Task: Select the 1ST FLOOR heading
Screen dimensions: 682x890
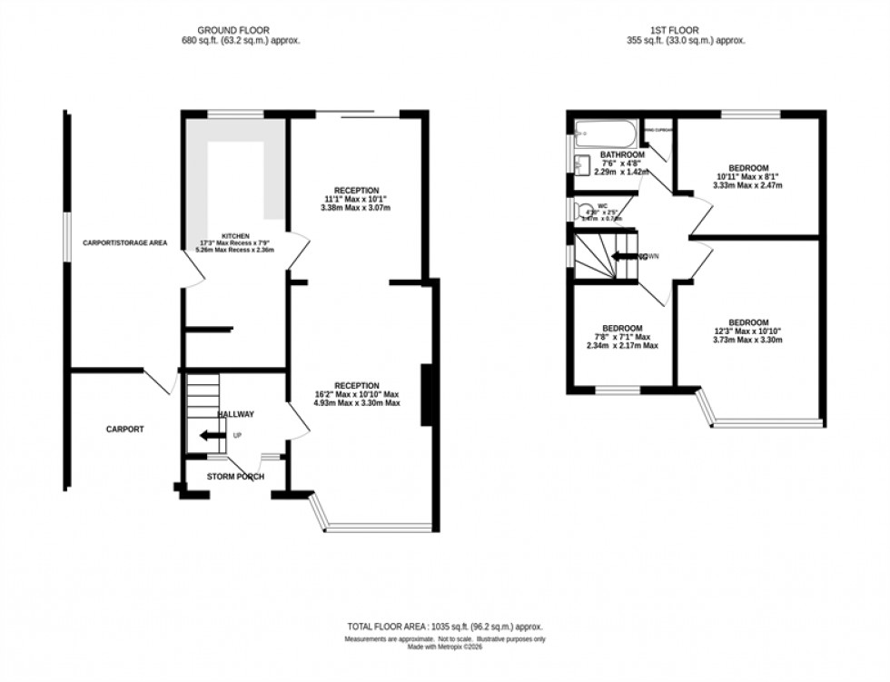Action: click(x=676, y=30)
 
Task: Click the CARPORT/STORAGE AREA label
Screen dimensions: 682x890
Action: click(x=125, y=243)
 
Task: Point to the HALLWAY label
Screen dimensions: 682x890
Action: click(x=235, y=414)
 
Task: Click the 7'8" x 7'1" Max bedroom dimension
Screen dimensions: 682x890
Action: click(x=621, y=338)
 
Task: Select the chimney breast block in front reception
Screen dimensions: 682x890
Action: click(x=426, y=394)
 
